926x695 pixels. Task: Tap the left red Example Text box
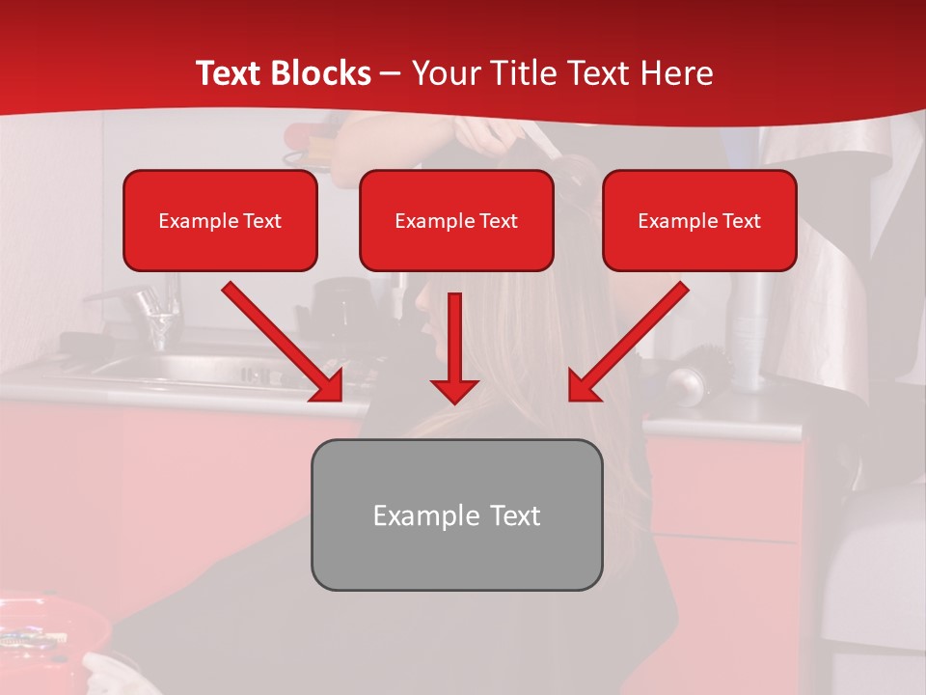coord(220,220)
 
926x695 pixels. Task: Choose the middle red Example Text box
coord(456,220)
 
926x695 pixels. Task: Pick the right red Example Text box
coord(699,220)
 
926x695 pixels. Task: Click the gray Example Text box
coord(456,514)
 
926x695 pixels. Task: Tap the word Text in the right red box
coord(740,221)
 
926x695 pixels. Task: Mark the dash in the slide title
coord(391,73)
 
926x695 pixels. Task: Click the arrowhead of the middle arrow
coord(454,389)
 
